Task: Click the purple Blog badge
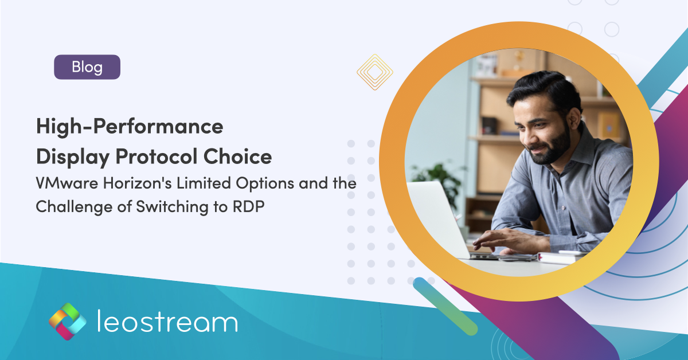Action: point(87,67)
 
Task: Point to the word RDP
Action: point(248,207)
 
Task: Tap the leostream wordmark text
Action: point(166,322)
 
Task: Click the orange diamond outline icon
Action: point(374,72)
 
